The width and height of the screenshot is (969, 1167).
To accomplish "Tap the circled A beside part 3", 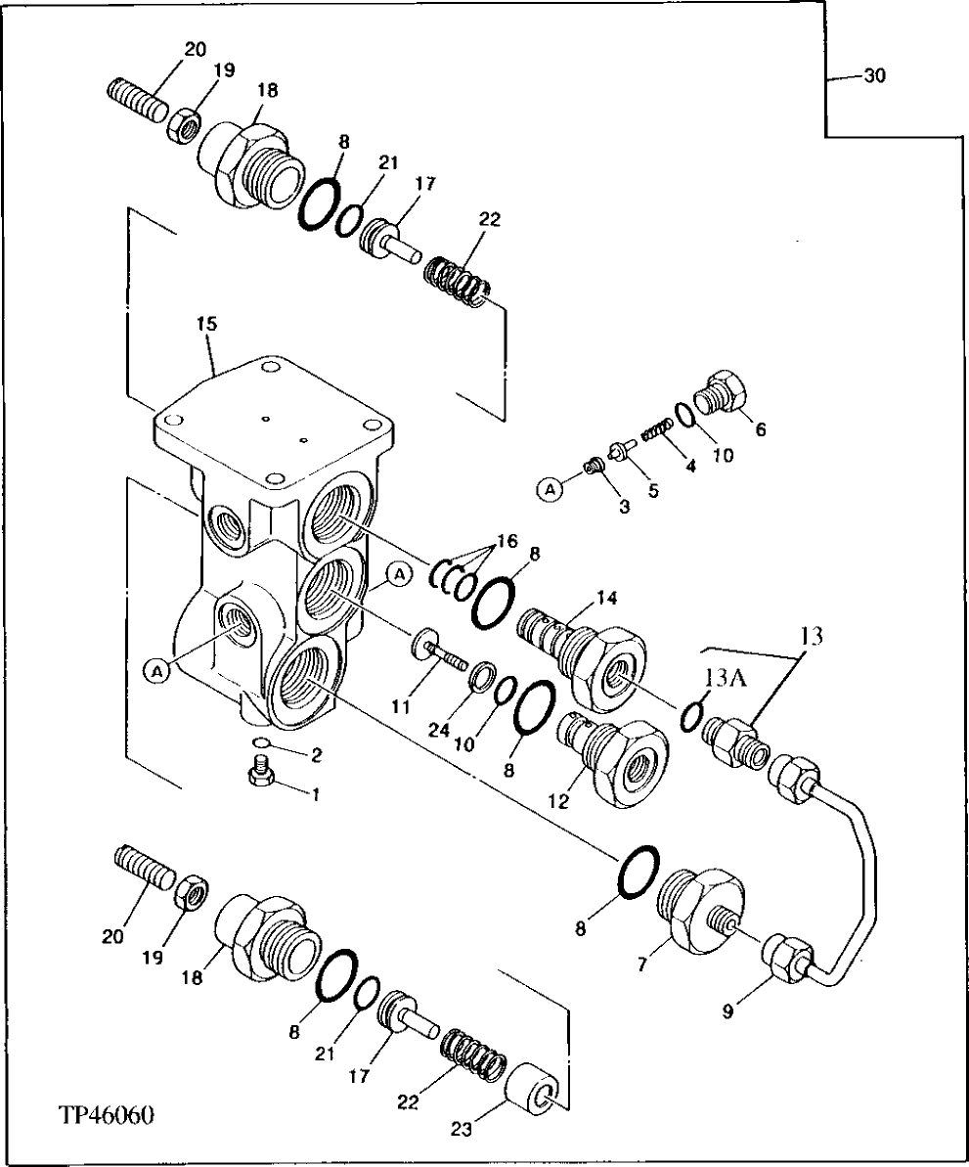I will tap(551, 488).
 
